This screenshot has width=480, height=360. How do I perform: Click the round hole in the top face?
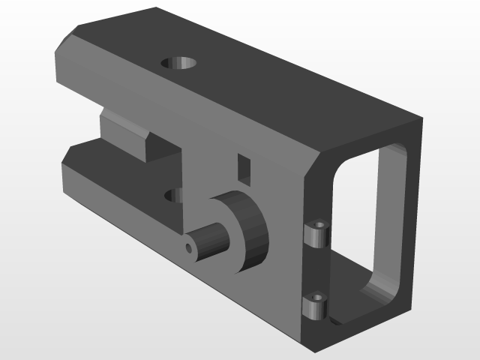click(x=179, y=62)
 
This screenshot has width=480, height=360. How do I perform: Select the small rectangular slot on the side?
click(x=243, y=167)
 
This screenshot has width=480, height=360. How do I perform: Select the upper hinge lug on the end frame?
click(x=317, y=234)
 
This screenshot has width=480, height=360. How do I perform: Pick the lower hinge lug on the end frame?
click(x=316, y=306)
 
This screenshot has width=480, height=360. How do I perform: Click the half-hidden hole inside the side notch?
click(x=175, y=196)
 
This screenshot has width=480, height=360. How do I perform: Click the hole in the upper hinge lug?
click(x=320, y=225)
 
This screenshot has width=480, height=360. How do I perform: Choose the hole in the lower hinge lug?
click(x=319, y=297)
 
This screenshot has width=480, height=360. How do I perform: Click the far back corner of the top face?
click(x=155, y=8)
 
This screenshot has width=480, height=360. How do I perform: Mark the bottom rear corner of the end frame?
click(x=411, y=307)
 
